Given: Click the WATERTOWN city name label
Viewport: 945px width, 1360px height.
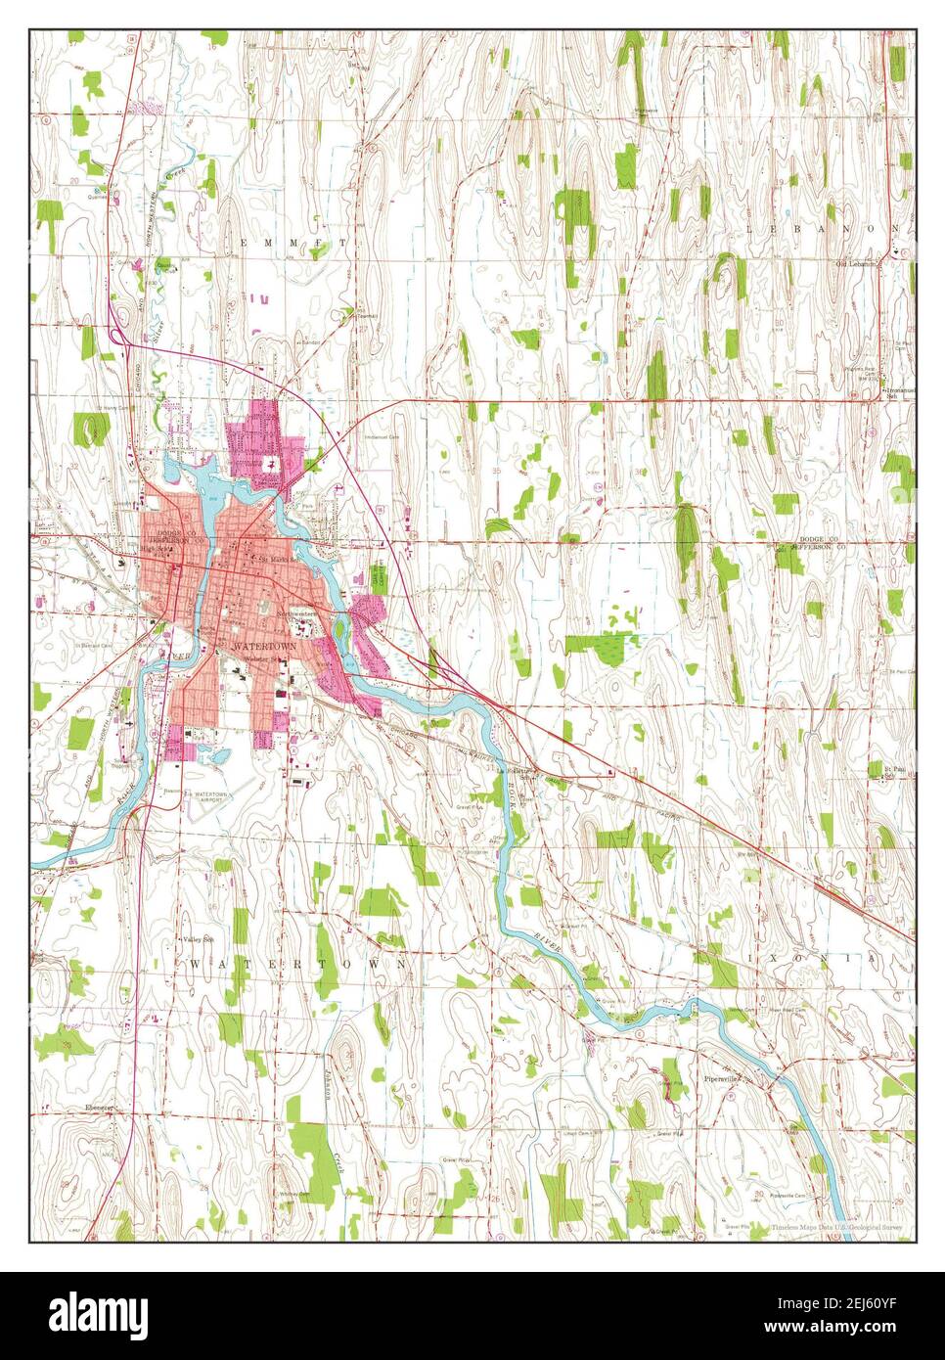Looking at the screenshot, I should point(262,648).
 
